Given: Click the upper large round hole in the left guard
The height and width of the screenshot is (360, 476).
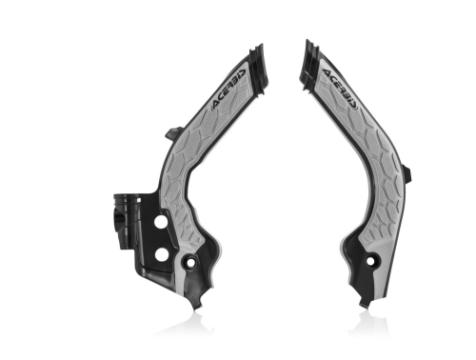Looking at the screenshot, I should pos(163,221).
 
